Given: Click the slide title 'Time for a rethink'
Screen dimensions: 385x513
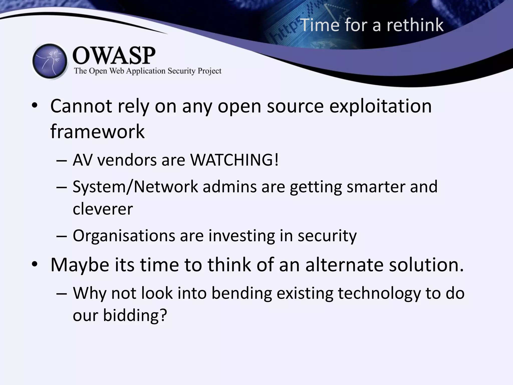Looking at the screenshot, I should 371,25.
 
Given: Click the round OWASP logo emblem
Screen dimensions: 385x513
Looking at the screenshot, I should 50,61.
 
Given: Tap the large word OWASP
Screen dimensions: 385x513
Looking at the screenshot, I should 114,56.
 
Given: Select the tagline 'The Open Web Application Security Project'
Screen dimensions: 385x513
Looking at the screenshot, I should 148,71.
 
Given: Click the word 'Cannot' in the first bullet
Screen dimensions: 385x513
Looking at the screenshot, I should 81,106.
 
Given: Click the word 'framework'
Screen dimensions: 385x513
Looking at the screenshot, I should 97,131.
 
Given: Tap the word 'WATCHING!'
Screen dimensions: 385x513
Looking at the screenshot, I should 234,160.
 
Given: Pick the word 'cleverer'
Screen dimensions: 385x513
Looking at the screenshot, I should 103,209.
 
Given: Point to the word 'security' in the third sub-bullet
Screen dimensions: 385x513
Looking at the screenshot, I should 327,236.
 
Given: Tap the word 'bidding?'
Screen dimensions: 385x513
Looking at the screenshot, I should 135,315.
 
